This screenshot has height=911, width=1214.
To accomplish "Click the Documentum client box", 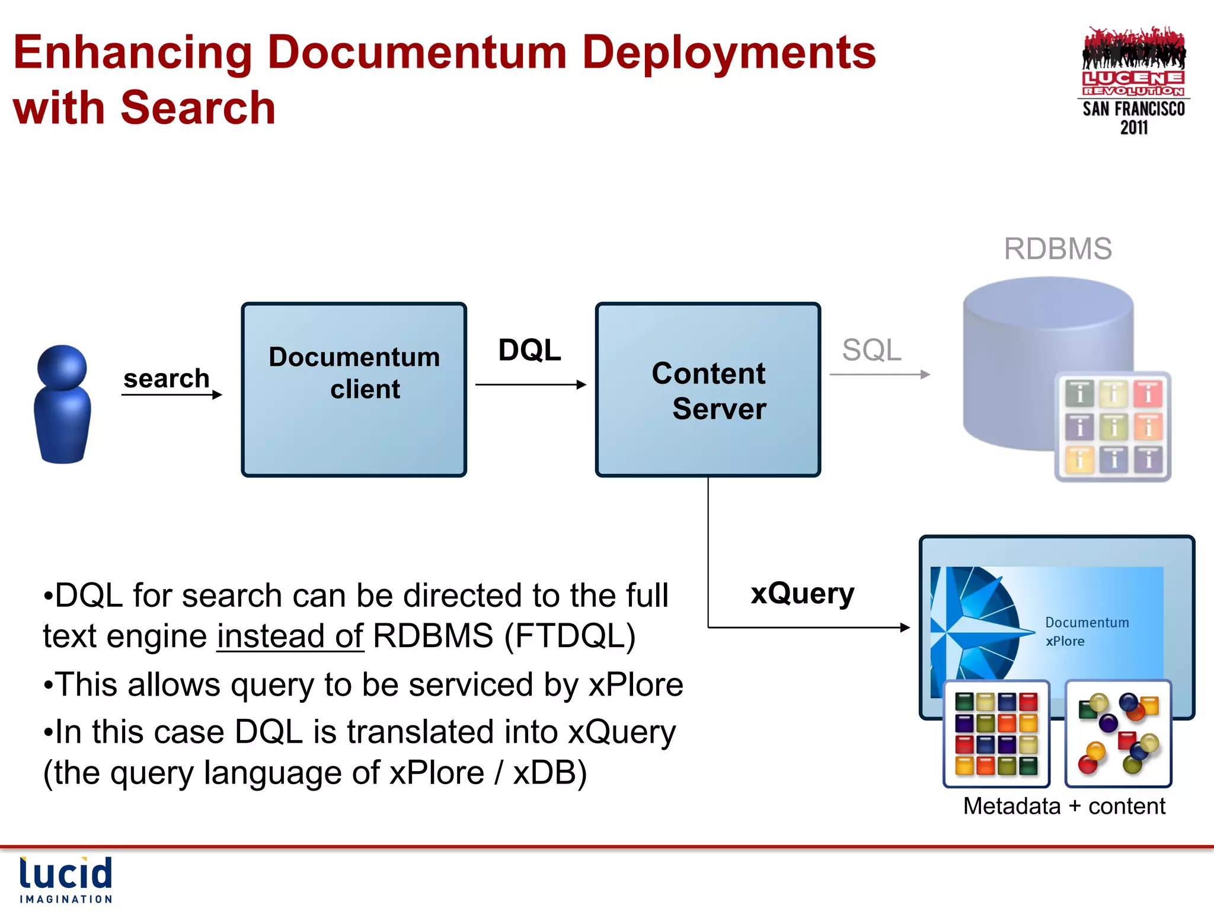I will coord(354,390).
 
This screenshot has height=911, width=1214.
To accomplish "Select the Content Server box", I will coord(708,390).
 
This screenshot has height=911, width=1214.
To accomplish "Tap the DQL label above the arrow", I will coord(529,350).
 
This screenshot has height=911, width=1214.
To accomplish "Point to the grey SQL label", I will coord(871,350).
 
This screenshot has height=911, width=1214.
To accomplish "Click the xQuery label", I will coord(802,594).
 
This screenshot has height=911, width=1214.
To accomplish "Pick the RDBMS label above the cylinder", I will coord(1058,249).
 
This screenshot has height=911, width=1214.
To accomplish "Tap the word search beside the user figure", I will coord(167,378).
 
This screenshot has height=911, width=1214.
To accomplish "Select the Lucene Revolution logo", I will coord(1133,81).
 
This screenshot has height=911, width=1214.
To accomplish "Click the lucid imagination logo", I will coord(66,880).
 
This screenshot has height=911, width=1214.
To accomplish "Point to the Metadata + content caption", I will coord(1064,806).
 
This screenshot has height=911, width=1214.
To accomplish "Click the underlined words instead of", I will coord(290,636).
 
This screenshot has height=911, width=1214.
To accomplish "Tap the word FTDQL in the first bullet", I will coord(570,636).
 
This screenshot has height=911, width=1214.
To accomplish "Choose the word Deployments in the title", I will coord(729,52).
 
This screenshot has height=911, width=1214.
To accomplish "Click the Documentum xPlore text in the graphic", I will coord(1086,631).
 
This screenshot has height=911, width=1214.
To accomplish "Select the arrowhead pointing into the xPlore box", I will coord(905,627).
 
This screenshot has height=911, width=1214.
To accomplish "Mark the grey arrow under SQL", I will coord(880,374).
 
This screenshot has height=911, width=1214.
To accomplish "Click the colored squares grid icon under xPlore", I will coord(996,733).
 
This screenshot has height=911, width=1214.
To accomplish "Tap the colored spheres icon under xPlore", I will coord(1118,733).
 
